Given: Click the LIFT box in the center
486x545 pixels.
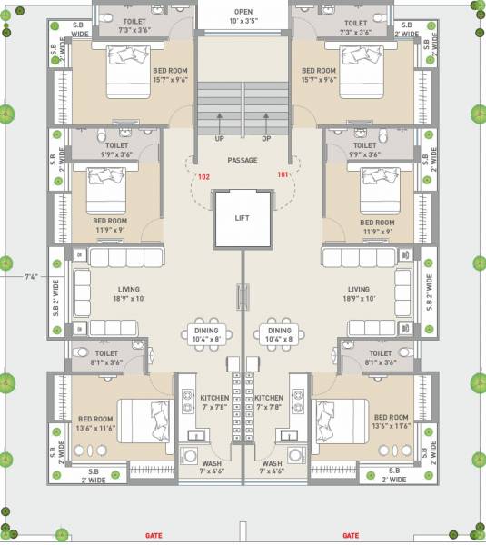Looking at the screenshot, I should click(242, 218).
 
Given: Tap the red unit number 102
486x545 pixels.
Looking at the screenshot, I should click(203, 176).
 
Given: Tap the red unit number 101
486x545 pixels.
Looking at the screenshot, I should click(283, 174).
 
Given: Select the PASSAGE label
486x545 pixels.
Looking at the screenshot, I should click(243, 161).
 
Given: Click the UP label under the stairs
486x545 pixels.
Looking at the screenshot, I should click(219, 139).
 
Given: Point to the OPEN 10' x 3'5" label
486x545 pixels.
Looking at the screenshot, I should click(243, 15).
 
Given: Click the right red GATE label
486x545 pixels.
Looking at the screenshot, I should click(350, 536).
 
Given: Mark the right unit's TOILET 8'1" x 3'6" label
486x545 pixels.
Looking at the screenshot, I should click(380, 358).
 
